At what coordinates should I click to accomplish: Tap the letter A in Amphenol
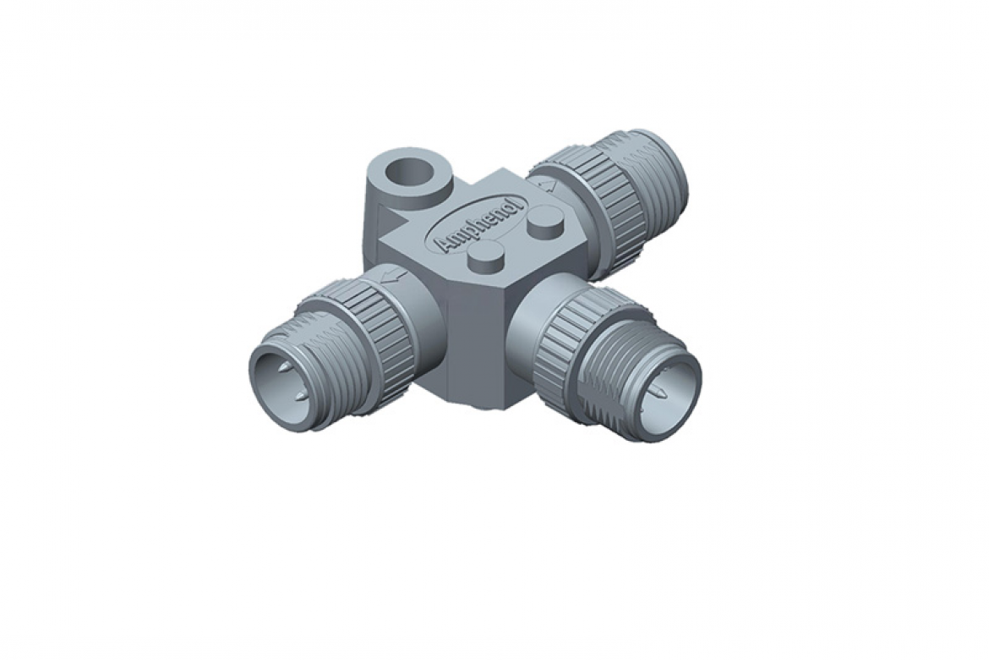445,245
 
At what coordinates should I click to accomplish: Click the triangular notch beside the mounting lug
391,222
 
